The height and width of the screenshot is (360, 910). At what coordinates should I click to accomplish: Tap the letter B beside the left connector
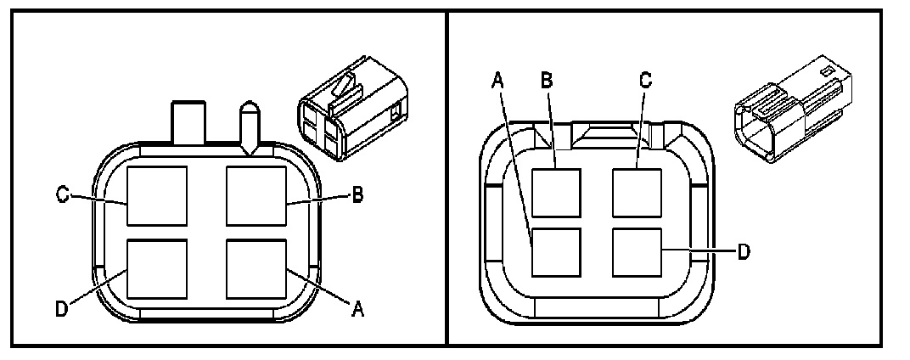click(x=357, y=196)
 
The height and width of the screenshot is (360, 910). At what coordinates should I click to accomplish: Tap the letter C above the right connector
click(x=645, y=80)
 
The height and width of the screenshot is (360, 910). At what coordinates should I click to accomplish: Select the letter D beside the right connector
click(x=743, y=252)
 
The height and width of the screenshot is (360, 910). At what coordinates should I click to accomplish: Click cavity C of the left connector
click(x=157, y=196)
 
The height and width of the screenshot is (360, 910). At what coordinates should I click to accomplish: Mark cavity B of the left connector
click(x=256, y=196)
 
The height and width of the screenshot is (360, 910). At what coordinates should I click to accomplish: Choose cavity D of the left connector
click(x=157, y=268)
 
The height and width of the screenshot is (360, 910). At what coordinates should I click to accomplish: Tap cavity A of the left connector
click(x=256, y=268)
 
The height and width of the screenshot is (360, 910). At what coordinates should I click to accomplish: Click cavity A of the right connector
click(x=556, y=252)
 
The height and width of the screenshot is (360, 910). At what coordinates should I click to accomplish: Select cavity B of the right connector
click(x=556, y=194)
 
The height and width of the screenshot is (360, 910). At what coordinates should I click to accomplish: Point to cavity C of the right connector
click(x=636, y=194)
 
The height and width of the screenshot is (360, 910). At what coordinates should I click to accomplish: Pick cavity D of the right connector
click(x=636, y=252)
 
